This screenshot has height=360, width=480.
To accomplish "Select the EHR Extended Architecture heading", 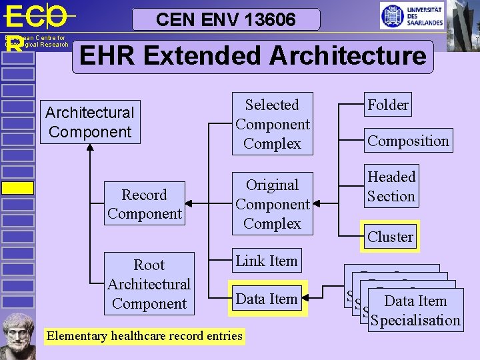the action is (253, 56).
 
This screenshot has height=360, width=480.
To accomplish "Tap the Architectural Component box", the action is (89, 122).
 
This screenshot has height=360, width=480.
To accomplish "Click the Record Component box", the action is (144, 204).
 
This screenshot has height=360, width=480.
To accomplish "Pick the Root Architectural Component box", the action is (149, 284).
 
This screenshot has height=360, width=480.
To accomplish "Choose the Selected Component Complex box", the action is (272, 124).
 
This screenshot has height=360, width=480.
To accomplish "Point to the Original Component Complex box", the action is (272, 204).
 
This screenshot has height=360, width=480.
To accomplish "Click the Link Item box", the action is (266, 261).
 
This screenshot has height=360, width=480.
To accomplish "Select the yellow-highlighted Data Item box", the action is (266, 299).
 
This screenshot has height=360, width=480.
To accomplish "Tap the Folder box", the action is (388, 105).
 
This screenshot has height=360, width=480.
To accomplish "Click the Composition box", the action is (408, 141).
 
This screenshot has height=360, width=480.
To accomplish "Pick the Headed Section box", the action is (391, 186).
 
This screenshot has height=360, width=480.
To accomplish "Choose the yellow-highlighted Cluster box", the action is (390, 237).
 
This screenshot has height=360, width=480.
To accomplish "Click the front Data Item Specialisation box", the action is (415, 311).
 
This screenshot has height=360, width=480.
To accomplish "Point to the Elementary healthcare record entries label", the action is (144, 336).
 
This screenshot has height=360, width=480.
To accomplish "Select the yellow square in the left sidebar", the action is (17, 188).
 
